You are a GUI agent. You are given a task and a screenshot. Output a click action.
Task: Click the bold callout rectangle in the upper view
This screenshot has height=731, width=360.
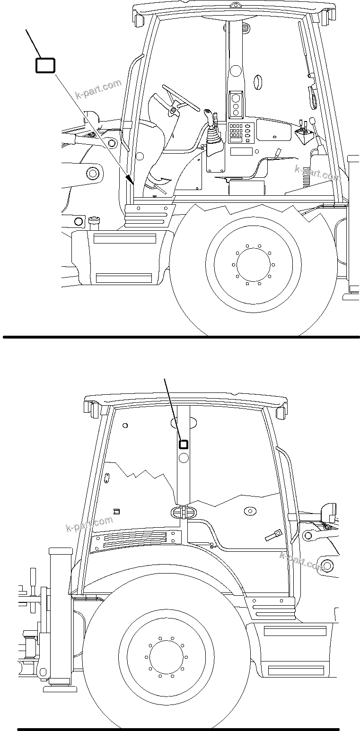click(45, 65)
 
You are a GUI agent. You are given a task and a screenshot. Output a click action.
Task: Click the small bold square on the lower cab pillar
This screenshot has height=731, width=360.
click(184, 444)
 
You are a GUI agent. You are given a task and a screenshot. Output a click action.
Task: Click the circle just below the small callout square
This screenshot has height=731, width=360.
click(184, 457)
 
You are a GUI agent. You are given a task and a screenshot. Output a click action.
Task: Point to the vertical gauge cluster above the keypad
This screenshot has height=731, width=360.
click(236, 104)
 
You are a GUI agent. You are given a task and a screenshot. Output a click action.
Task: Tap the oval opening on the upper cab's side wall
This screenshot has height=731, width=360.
click(258, 82)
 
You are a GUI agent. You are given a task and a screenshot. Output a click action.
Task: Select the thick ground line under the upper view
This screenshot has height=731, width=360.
click(181, 337)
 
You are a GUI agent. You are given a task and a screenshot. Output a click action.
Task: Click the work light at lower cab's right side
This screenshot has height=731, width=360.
click(327, 513)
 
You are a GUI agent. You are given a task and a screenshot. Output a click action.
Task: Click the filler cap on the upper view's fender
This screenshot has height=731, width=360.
click(94, 220)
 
